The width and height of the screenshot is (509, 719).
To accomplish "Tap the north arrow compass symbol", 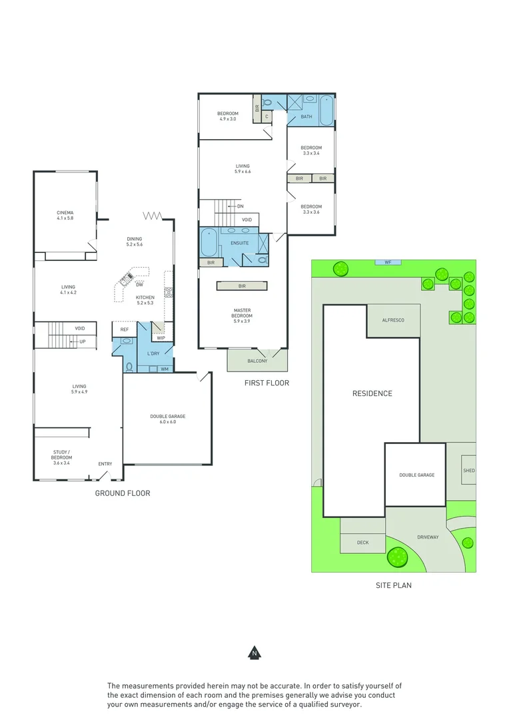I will [x=254, y=653].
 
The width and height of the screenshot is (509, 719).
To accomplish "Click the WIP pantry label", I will [x=161, y=338].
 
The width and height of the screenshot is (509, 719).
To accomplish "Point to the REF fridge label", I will [x=124, y=330].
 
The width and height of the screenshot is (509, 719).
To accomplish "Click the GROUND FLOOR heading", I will [x=122, y=493].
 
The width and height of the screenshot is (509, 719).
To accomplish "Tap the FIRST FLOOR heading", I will [x=266, y=383].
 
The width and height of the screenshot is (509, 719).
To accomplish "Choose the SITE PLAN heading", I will [x=394, y=586].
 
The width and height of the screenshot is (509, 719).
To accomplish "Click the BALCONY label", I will [x=257, y=361].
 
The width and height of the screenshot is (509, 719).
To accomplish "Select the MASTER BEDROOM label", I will [x=242, y=314].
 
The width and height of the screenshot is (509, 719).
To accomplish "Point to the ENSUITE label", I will [x=240, y=243].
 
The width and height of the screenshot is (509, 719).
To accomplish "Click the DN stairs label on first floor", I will [x=240, y=206].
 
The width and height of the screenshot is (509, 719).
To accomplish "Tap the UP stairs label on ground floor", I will [x=83, y=342].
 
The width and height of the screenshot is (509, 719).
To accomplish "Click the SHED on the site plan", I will [x=469, y=471].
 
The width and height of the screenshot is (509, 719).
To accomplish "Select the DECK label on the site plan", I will [x=362, y=543].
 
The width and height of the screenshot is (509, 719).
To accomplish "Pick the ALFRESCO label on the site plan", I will [x=393, y=320].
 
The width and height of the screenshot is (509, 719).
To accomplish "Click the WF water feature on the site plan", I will [x=387, y=262].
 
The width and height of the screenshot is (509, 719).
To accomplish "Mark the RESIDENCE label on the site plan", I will [x=372, y=393].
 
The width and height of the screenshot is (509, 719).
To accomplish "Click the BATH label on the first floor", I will [x=306, y=117].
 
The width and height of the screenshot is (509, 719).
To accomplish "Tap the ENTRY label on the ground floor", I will [x=105, y=464].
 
